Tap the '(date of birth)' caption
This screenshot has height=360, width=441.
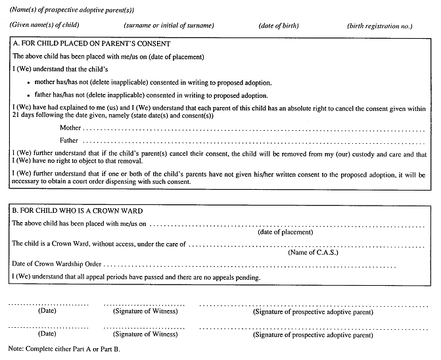point(279,26)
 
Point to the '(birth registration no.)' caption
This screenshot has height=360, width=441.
point(379,26)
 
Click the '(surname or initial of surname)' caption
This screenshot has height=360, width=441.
point(169,26)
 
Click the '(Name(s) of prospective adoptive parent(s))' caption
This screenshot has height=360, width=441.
point(72,10)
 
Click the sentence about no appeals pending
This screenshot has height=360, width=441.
point(136,277)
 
